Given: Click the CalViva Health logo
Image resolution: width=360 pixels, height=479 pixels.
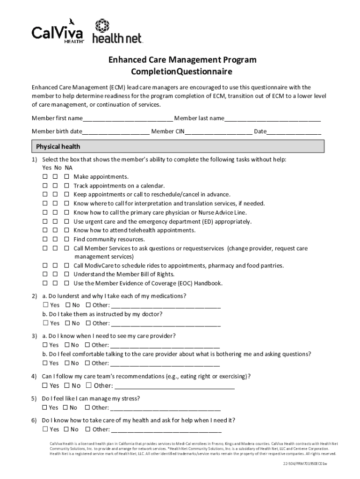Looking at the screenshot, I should click(x=58, y=31).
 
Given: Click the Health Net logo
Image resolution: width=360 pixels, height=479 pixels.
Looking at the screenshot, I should click(x=117, y=32).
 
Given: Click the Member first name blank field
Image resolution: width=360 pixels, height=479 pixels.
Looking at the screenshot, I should click(x=128, y=118).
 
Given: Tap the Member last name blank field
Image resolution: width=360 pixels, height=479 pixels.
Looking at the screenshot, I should click(x=273, y=118).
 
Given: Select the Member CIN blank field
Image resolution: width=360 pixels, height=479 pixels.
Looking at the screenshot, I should click(x=218, y=131).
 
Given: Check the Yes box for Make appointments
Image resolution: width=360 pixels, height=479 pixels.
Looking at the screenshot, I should click(x=45, y=177).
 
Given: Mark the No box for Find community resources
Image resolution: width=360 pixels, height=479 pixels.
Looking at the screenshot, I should click(x=55, y=239).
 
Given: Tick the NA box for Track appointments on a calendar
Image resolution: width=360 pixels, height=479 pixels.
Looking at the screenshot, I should click(x=66, y=186).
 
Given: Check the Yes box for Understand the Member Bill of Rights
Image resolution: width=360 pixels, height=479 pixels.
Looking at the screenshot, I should click(x=45, y=275).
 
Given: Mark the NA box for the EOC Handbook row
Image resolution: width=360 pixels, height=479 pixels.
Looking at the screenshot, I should click(x=66, y=283).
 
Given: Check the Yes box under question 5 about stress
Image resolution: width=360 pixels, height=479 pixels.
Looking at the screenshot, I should click(x=45, y=407).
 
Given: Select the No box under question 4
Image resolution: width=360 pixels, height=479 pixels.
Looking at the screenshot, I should click(x=67, y=385).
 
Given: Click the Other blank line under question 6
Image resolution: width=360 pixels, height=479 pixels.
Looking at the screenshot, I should click(x=166, y=429).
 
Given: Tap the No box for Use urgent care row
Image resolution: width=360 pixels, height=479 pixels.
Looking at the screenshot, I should click(x=55, y=222).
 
